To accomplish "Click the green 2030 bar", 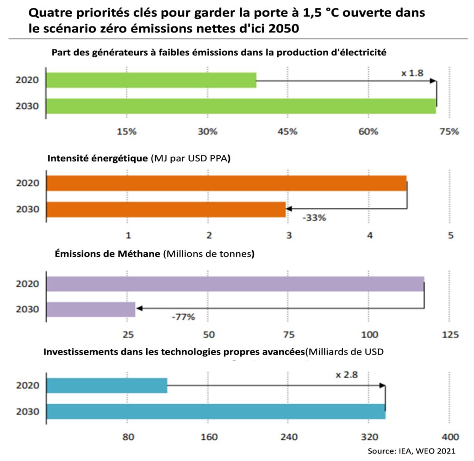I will click(241, 106).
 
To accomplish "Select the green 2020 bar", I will click(151, 80).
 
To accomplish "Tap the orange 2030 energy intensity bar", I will click(166, 209).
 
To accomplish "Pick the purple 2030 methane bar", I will click(91, 309).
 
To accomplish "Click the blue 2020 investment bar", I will click(106, 385).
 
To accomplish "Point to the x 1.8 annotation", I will click(412, 73).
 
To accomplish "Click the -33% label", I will click(314, 217).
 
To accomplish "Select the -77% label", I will click(183, 317).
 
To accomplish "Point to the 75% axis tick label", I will click(449, 131).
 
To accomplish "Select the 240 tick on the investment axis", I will click(288, 436).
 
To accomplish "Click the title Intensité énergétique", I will click(98, 158).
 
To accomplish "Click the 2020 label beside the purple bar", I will click(27, 284).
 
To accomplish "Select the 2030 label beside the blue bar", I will click(27, 411).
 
